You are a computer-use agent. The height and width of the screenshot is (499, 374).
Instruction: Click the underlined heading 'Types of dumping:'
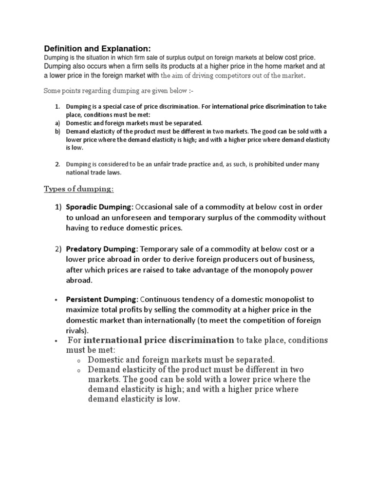point(79,189)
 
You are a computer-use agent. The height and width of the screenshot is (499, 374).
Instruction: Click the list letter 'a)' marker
point(57,123)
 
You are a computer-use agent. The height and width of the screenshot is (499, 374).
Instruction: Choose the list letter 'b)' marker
point(57,132)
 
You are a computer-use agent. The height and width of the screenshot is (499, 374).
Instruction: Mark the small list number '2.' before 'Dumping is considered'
point(57,164)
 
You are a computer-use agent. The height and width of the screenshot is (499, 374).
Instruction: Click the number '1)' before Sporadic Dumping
point(58,207)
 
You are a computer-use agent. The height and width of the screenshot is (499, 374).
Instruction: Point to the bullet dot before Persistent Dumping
point(57,300)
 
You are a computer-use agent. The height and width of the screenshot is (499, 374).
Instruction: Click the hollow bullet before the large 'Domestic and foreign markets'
point(78,360)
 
